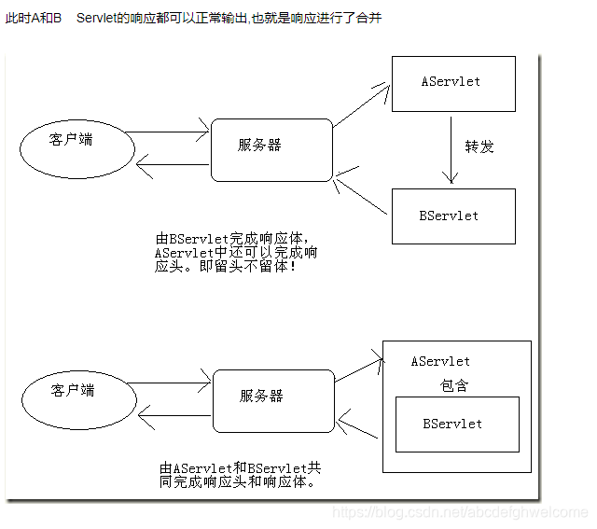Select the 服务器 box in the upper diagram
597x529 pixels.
(271, 149)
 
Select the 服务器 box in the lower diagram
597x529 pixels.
(273, 399)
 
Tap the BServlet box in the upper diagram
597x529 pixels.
(452, 216)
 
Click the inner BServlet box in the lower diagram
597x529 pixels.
(456, 425)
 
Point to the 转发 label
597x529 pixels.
(479, 147)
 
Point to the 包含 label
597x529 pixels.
(455, 385)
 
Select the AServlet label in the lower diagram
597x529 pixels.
(440, 361)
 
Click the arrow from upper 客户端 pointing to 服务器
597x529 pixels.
(166, 132)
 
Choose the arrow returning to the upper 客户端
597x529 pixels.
(173, 166)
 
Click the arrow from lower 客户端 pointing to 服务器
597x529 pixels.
(168, 382)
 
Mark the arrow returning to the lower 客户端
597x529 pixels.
(174, 413)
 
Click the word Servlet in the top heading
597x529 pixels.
(108, 18)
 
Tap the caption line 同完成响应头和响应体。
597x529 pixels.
(238, 481)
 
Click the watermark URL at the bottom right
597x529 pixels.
(460, 512)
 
